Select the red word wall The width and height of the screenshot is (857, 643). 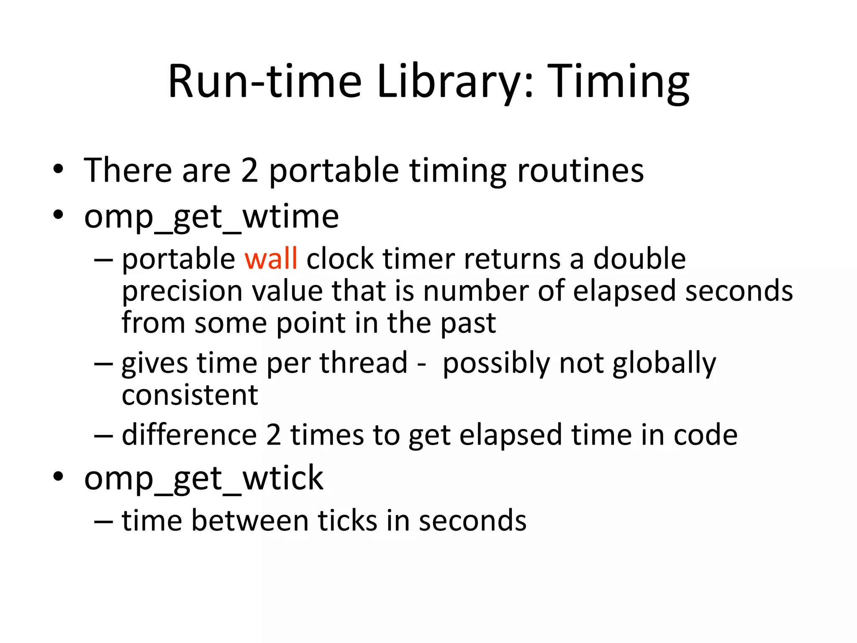click(271, 259)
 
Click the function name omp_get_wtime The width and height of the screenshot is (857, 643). click(211, 217)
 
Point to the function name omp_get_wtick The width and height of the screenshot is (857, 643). click(203, 478)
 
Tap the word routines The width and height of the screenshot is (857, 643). click(580, 171)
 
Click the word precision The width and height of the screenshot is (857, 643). click(182, 291)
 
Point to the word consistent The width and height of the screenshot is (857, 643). click(190, 395)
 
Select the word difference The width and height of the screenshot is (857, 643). click(189, 435)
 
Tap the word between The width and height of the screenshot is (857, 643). click(250, 521)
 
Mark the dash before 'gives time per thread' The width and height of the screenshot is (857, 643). click(103, 363)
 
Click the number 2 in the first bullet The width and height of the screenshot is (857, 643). click(249, 171)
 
